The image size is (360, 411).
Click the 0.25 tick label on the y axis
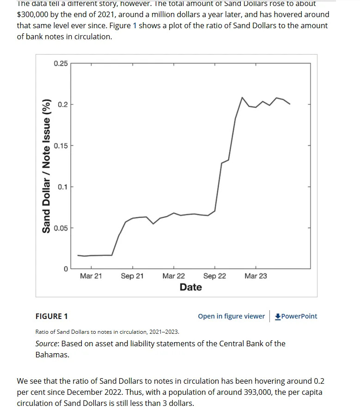pos(61,63)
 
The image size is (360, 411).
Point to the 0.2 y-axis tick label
pos(63,104)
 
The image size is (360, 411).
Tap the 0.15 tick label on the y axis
pos(61,146)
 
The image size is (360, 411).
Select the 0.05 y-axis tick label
pos(61,228)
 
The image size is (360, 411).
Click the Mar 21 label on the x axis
pos(91,276)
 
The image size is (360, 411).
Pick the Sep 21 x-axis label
pos(132,276)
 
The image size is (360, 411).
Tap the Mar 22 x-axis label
pos(174,276)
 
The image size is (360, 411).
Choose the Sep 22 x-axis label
pos(215,276)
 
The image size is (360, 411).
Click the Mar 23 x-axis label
pos(256,276)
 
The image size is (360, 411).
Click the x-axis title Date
pos(191,287)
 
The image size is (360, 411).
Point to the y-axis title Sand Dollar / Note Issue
pos(46,166)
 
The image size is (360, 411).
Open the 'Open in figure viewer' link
pos(231,316)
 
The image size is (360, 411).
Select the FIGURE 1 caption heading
pos(52,316)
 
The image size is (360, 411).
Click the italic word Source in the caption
pos(47,344)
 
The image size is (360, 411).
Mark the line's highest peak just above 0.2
pos(242,98)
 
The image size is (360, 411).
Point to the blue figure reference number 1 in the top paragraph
pos(135,25)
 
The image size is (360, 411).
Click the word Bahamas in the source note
pos(52,355)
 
